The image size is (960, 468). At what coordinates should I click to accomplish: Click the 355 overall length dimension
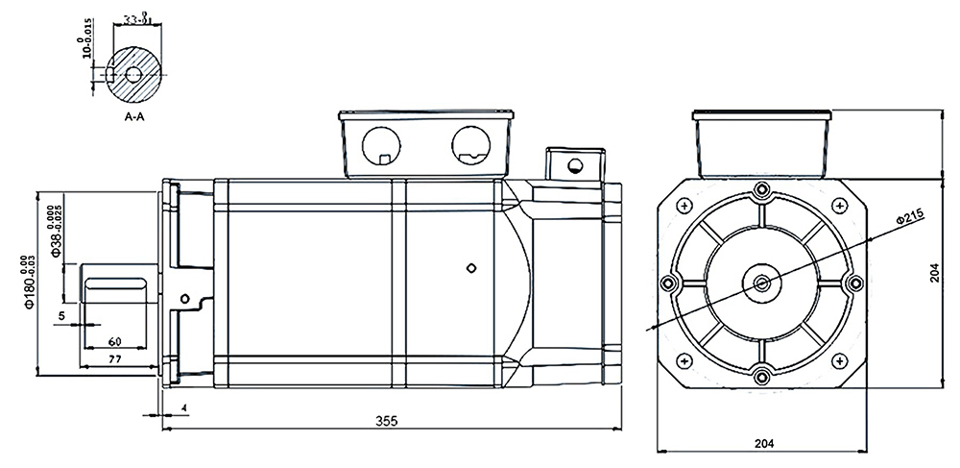click(x=386, y=422)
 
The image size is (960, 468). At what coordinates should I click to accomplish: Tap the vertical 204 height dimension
click(x=935, y=274)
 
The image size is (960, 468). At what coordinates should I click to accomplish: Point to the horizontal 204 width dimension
click(x=764, y=443)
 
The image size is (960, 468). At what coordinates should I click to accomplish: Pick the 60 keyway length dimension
click(x=114, y=340)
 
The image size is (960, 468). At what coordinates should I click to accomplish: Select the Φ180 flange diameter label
click(x=30, y=280)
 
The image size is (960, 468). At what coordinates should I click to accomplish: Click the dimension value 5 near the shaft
click(x=61, y=315)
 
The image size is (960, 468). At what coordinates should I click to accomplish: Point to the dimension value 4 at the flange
click(x=183, y=408)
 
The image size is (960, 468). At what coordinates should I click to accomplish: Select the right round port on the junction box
click(x=471, y=145)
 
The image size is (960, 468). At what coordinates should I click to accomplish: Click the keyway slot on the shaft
click(x=115, y=282)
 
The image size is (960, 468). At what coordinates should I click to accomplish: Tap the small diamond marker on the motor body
click(x=470, y=267)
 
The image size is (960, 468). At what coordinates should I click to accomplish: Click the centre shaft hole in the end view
click(x=762, y=282)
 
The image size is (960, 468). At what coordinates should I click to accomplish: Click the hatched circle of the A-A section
click(x=135, y=73)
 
